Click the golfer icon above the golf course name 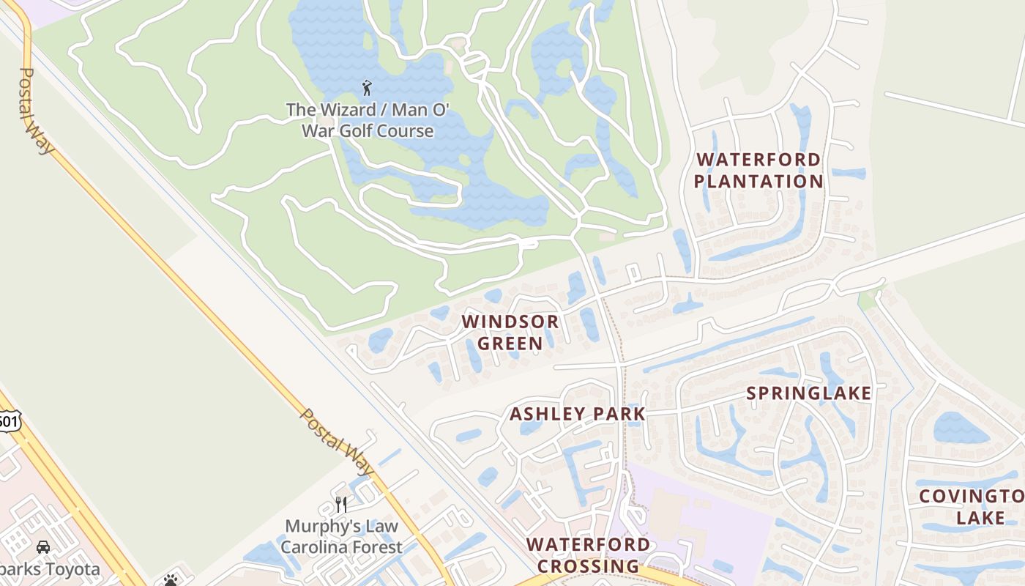[x=367, y=89]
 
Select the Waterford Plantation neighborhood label [x=758, y=170]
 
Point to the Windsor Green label [x=510, y=332]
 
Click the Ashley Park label [x=577, y=414]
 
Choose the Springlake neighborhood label [x=809, y=393]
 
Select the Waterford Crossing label [x=588, y=555]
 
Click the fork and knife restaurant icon [x=341, y=504]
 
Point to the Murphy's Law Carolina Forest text [x=341, y=536]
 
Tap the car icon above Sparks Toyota [x=43, y=547]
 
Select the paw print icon [x=171, y=580]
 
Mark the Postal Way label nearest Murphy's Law [x=338, y=442]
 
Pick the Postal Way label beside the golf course [x=37, y=111]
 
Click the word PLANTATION [x=758, y=181]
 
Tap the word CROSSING [x=588, y=566]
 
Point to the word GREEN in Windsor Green [x=510, y=343]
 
